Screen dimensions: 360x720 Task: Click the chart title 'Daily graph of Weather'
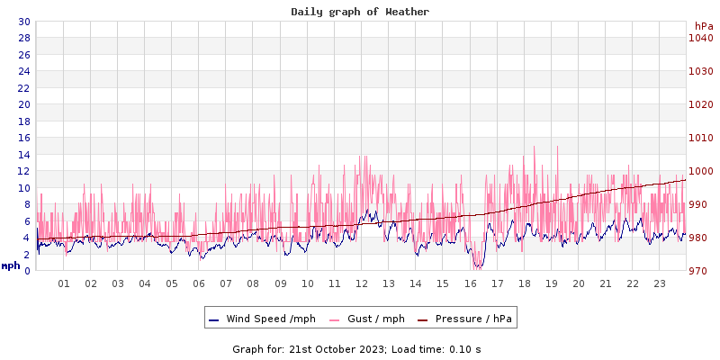360,12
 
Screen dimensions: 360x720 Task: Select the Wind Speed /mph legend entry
261,319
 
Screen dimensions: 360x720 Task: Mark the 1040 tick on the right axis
700,38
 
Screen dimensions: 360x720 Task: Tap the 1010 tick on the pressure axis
700,138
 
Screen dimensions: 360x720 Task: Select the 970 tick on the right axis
702,271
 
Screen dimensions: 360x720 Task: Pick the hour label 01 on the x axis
64,283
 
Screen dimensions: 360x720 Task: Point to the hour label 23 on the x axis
660,283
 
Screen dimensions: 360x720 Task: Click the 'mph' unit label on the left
11,265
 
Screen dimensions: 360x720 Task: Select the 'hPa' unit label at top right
703,26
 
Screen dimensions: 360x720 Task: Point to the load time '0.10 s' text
465,348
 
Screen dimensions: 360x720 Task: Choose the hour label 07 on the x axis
226,283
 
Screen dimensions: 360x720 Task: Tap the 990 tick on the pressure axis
702,204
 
